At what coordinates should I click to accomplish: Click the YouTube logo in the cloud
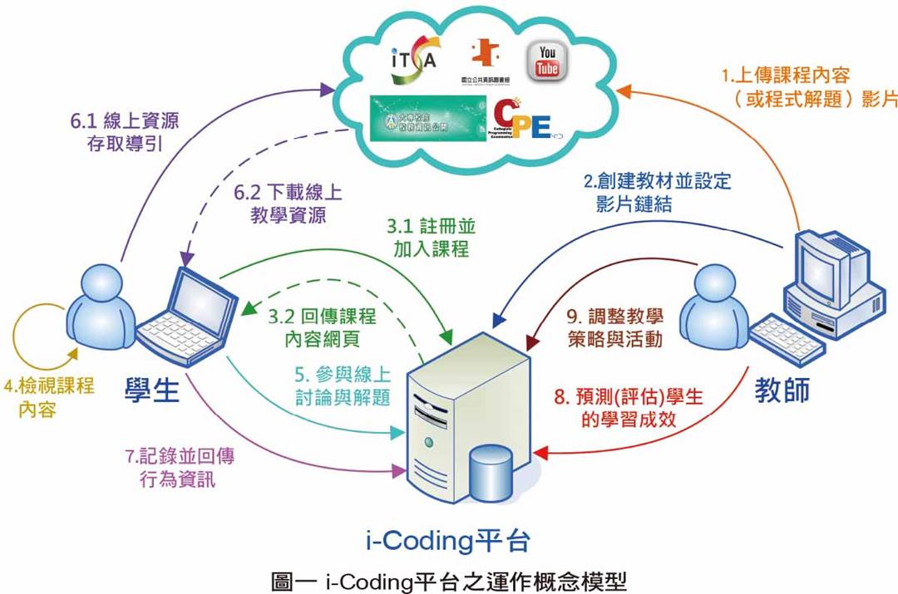[x=547, y=61]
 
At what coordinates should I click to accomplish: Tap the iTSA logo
[x=413, y=61]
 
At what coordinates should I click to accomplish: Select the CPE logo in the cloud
[x=521, y=120]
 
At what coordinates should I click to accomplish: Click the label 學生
[x=152, y=389]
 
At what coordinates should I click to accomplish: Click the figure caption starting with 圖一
[x=449, y=578]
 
